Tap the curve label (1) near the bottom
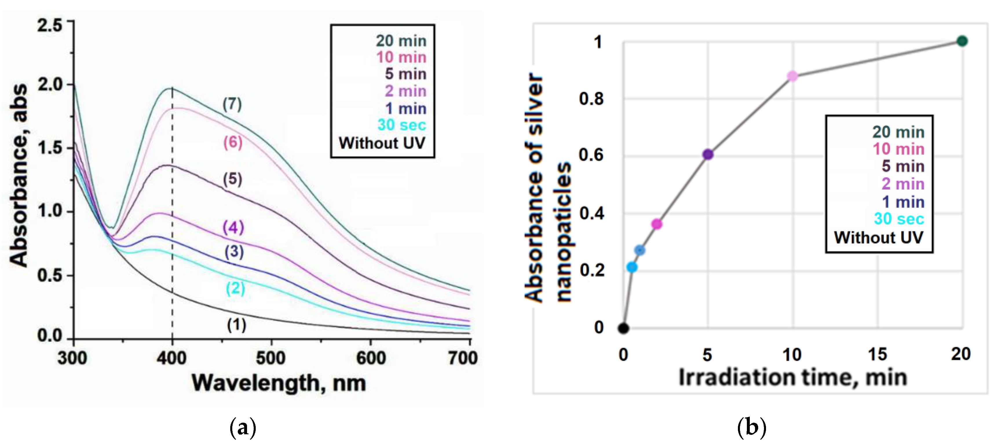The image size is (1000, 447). pyautogui.click(x=236, y=325)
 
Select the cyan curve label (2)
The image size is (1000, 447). pyautogui.click(x=235, y=288)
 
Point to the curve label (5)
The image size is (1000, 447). pyautogui.click(x=233, y=179)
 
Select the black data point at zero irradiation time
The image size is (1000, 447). pyautogui.click(x=623, y=328)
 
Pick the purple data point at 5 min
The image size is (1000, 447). pyautogui.click(x=708, y=154)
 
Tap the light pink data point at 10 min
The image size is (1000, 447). pyautogui.click(x=792, y=76)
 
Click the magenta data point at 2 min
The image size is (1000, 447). pyautogui.click(x=657, y=224)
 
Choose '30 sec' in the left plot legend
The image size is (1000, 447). pyautogui.click(x=401, y=125)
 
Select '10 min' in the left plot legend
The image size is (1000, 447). pyautogui.click(x=401, y=57)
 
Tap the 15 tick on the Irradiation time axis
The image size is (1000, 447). pyautogui.click(x=877, y=354)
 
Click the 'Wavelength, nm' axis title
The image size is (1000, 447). pyautogui.click(x=279, y=383)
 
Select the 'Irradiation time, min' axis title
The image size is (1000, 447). pyautogui.click(x=793, y=378)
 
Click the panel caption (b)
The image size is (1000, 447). pyautogui.click(x=752, y=428)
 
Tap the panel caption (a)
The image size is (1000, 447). pyautogui.click(x=243, y=428)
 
